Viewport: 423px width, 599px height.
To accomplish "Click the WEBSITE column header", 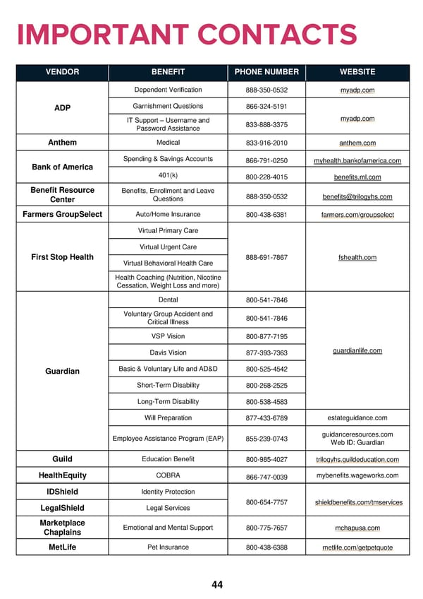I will pos(357,72).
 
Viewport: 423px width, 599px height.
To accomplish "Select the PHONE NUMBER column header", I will pos(266,72).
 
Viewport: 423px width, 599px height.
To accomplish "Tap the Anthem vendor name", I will pos(62,142).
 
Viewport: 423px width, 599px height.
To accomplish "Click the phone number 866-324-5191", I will pos(266,107).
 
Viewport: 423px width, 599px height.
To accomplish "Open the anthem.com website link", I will pos(357,143).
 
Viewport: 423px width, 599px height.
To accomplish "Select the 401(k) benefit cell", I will pos(168,175).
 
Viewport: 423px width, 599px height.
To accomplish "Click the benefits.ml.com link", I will pos(357,177).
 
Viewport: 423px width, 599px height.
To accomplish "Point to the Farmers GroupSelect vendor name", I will pos(62,214).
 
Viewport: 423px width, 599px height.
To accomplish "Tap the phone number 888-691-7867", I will pos(266,258).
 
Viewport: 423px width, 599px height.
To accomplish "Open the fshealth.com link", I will pos(357,258).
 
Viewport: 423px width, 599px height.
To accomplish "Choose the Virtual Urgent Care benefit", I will pos(168,247).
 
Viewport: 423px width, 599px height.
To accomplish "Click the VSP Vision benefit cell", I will pos(168,336).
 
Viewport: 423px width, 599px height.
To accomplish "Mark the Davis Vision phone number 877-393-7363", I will pos(266,353).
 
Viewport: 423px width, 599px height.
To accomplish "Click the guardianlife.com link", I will pos(357,351).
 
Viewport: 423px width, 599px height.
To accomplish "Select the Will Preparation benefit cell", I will pos(168,418).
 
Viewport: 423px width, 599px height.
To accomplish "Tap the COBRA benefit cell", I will pos(168,475).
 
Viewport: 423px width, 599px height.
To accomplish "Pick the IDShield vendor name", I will pos(62,492).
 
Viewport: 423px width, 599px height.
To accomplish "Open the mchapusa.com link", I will pos(357,528).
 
